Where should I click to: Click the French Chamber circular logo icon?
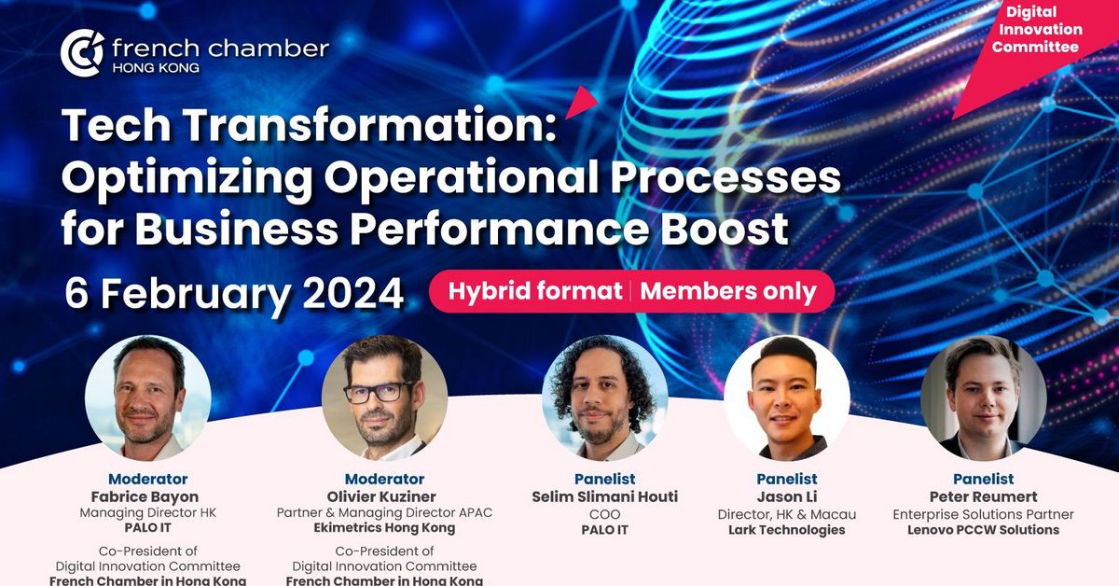click(x=82, y=52)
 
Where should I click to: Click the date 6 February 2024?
click(x=234, y=293)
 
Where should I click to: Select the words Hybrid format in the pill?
click(x=534, y=291)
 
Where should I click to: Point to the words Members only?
click(x=727, y=291)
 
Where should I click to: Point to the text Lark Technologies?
click(x=787, y=530)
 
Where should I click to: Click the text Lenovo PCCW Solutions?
click(x=983, y=530)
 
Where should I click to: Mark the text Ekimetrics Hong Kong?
click(x=384, y=528)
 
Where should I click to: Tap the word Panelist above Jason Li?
click(x=787, y=480)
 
